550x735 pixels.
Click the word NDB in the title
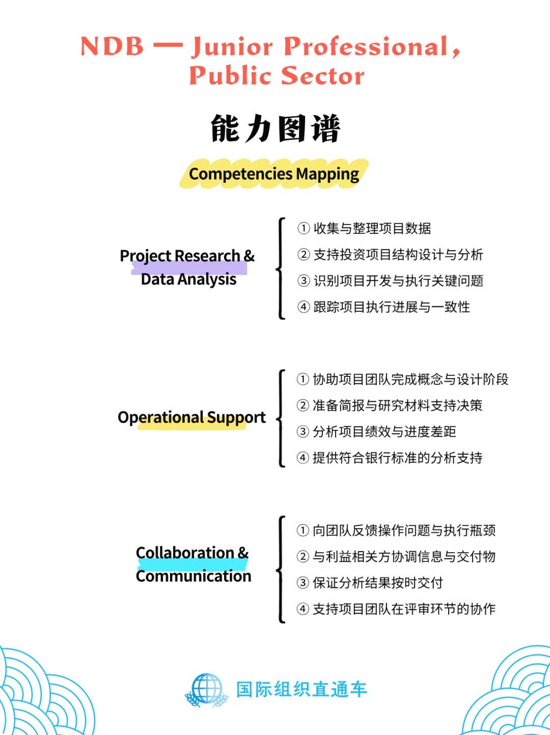coord(112,46)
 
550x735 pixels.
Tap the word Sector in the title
coord(322,76)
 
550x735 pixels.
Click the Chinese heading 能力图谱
coord(275,128)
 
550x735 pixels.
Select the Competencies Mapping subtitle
coord(274,174)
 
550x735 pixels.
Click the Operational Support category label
coord(191,417)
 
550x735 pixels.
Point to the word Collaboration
coord(185,553)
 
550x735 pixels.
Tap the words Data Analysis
coord(188,279)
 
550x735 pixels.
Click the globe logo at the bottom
coord(207,690)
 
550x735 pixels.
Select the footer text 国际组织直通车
coord(301,690)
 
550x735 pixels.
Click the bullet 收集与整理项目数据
coord(372,228)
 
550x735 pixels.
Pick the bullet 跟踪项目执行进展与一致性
coord(392,307)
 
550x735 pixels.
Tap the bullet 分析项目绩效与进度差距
coord(384,432)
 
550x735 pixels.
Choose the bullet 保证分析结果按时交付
coord(378,583)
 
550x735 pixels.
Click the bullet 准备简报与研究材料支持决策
coord(397,405)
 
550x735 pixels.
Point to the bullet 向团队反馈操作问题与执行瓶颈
coord(404,531)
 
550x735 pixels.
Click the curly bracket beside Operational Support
coord(281,418)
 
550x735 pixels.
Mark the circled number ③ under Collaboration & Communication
coord(303,583)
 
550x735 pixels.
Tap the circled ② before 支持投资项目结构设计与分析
coord(304,255)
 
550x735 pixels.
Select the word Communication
coord(194,576)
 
